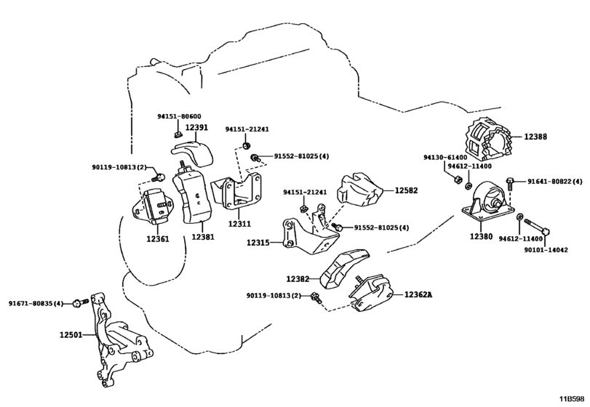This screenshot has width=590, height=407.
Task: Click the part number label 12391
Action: (x=196, y=127)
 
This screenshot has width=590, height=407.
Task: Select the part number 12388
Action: (x=535, y=136)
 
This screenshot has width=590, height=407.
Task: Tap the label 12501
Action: (x=71, y=336)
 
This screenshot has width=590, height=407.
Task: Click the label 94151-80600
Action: (x=179, y=116)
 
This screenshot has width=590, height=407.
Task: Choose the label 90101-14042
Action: (x=546, y=249)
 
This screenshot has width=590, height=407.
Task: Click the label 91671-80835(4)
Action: (x=36, y=302)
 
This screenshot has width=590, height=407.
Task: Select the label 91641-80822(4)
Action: (x=550, y=182)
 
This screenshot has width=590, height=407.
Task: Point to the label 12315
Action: (x=258, y=243)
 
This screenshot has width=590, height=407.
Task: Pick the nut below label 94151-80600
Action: (x=178, y=133)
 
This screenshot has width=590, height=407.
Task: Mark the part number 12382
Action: (x=298, y=278)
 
